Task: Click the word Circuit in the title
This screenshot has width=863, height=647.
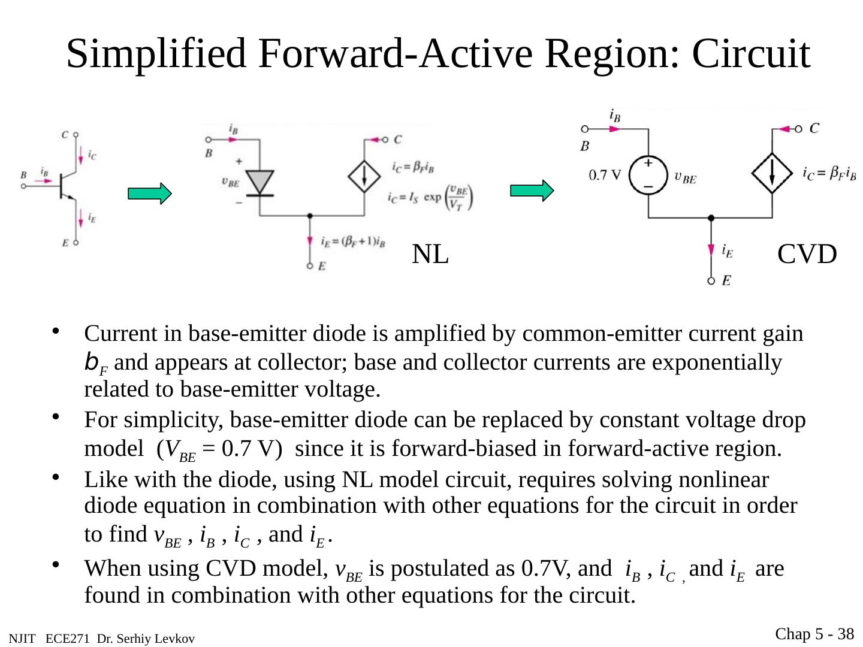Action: click(751, 54)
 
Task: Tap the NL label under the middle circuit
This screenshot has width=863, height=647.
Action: click(430, 255)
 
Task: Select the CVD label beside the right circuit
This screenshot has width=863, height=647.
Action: click(807, 255)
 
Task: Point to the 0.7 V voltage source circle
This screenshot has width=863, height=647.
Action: click(648, 175)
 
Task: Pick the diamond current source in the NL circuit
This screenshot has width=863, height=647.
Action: click(364, 176)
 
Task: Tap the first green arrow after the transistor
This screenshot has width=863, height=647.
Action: click(149, 194)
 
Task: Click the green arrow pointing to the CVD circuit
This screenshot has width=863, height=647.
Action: click(532, 191)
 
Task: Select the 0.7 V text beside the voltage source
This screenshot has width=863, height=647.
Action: click(605, 175)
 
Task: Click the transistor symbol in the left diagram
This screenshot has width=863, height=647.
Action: click(65, 186)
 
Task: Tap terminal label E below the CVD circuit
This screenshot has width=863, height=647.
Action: click(726, 280)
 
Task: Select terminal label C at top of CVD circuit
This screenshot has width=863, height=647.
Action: click(814, 128)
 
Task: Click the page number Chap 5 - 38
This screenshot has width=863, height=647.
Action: click(814, 634)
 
